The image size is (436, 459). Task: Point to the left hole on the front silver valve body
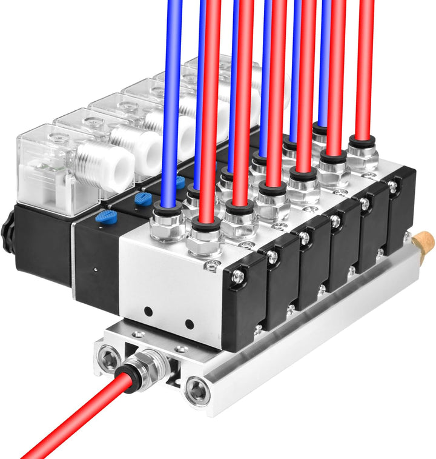[x=148, y=312]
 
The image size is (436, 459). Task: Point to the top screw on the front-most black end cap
[x=239, y=277]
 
